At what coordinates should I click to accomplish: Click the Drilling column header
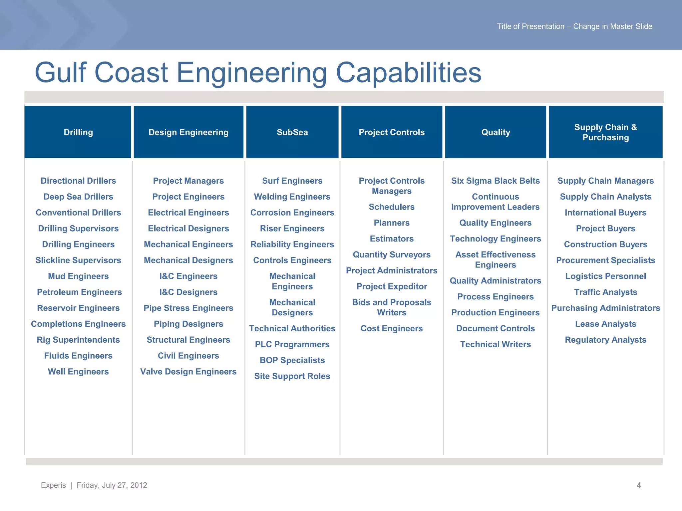(x=78, y=132)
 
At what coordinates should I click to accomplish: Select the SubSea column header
(x=292, y=132)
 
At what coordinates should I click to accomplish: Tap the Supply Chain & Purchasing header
(x=605, y=132)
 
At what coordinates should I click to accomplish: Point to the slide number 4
(x=639, y=485)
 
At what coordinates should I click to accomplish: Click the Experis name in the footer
(x=53, y=485)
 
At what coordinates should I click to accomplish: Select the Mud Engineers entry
(x=78, y=276)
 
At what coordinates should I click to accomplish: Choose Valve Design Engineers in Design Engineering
(x=188, y=372)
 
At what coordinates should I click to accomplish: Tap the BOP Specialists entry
(x=292, y=360)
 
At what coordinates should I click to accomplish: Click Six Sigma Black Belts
(x=495, y=181)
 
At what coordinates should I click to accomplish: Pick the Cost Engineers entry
(x=392, y=328)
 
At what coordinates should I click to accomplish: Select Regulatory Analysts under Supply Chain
(x=605, y=340)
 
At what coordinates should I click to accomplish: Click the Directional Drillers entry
(x=78, y=181)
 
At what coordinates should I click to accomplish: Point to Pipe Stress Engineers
(x=188, y=308)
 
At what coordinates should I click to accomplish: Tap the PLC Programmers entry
(x=292, y=344)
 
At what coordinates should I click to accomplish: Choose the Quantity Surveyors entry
(x=392, y=255)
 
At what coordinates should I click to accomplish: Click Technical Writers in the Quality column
(x=495, y=344)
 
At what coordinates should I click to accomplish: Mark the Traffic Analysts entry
(x=605, y=292)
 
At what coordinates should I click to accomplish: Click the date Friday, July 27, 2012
(x=112, y=485)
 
